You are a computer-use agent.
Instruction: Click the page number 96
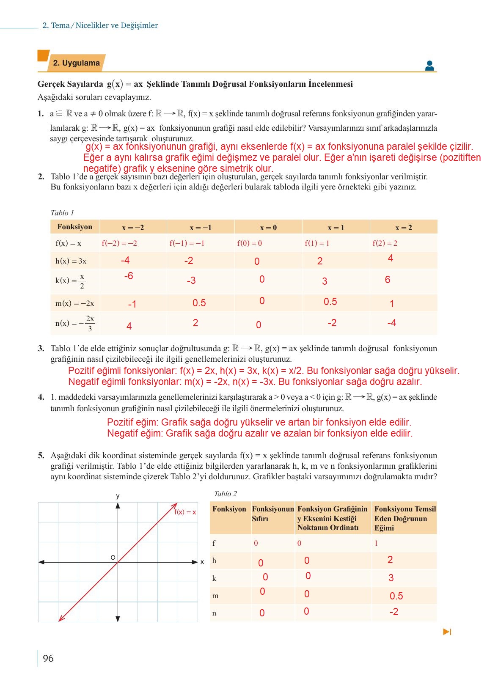coord(48,658)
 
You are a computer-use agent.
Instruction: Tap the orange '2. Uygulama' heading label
coord(76,63)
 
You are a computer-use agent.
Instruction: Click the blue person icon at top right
coord(429,66)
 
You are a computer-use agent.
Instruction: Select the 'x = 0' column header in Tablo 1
coord(268,228)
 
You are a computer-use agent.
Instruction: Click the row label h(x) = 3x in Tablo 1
coord(71,261)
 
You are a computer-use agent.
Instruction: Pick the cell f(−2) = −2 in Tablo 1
coord(119,243)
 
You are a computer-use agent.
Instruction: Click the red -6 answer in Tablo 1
coord(129,276)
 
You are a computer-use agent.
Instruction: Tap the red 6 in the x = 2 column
coord(388,280)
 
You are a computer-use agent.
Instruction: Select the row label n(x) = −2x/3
coord(75,323)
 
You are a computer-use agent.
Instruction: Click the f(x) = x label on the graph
coord(185,512)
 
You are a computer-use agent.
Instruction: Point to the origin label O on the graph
coord(113,558)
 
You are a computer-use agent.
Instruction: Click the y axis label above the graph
coord(118,496)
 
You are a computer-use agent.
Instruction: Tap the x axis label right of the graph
coord(202,562)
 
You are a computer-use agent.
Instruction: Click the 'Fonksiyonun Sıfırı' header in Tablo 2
coord(272,514)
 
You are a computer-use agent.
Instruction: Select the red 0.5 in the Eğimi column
coord(396,596)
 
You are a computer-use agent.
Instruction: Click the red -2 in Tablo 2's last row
coord(393,612)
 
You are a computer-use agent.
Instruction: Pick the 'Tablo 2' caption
coord(225,494)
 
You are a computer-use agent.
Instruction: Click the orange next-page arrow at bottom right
coord(447,632)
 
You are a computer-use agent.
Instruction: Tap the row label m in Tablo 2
coord(215,596)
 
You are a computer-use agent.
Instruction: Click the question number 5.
coord(41,456)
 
